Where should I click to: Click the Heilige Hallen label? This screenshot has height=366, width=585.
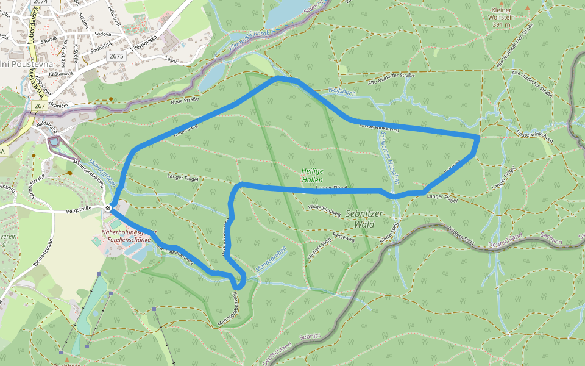(311, 176)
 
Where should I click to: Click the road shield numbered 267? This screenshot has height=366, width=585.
(40, 106)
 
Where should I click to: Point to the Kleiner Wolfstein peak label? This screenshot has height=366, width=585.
(509, 18)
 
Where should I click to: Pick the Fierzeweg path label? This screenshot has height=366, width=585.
(343, 236)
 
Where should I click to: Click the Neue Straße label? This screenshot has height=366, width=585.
(185, 100)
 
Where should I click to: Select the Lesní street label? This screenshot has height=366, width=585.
(171, 59)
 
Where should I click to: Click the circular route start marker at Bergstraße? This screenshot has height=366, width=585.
(108, 209)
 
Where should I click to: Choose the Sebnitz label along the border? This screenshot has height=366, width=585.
(310, 336)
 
